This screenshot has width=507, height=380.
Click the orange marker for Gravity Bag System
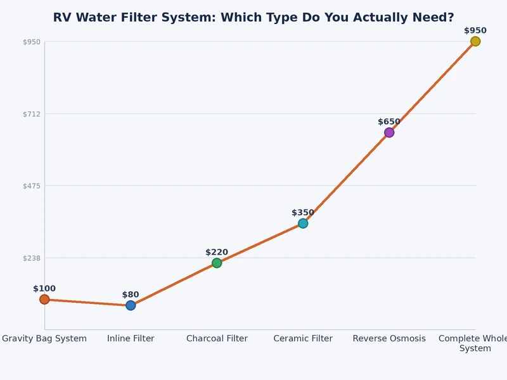(x=44, y=300)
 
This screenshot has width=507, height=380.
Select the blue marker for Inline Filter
(x=131, y=305)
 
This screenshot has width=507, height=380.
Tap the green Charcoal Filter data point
(x=217, y=263)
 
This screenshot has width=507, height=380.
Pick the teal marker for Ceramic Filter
(x=303, y=224)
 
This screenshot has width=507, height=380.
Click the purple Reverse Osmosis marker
(x=389, y=132)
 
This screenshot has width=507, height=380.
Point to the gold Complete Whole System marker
(x=475, y=41)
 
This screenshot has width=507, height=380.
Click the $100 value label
(x=44, y=289)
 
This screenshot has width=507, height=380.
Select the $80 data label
(x=131, y=294)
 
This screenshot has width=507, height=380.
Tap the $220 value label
(x=217, y=252)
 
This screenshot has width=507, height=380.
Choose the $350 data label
(x=303, y=213)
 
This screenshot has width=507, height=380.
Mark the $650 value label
(x=389, y=122)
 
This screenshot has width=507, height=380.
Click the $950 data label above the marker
(x=475, y=30)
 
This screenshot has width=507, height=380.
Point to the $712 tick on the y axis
(x=32, y=114)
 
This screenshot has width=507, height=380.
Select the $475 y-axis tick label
(x=32, y=186)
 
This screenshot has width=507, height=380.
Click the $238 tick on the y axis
(x=32, y=258)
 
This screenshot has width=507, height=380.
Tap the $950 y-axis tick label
(x=32, y=42)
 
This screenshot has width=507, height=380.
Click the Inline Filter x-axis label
(x=131, y=339)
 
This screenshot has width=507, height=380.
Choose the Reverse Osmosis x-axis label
(x=389, y=339)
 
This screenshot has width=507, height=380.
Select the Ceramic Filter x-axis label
(x=303, y=339)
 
